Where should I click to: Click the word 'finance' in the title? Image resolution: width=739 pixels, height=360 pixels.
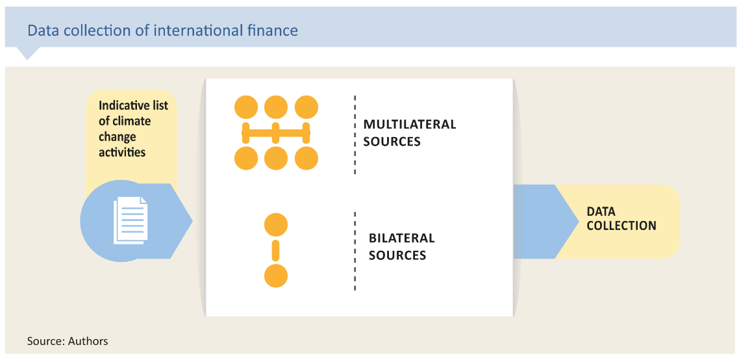(x=276, y=31)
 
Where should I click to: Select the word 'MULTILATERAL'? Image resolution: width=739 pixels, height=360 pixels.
(x=410, y=125)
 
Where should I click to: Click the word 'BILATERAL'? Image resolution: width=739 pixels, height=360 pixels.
(x=401, y=238)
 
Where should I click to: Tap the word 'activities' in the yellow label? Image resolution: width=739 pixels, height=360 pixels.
(x=122, y=153)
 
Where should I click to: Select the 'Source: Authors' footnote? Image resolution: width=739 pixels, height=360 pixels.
(x=68, y=341)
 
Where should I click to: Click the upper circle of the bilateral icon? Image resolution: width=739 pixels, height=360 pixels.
(x=276, y=224)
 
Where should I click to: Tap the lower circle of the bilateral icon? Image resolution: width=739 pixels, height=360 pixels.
(x=276, y=276)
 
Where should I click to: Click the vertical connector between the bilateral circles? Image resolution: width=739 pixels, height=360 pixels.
(x=276, y=250)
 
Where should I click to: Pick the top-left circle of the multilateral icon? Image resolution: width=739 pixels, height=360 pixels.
(x=246, y=107)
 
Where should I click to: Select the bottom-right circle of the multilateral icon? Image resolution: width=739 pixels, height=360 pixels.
(x=307, y=158)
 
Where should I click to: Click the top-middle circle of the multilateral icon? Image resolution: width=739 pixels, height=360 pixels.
(x=276, y=107)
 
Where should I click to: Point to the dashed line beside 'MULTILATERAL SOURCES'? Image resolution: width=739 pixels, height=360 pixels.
(x=355, y=135)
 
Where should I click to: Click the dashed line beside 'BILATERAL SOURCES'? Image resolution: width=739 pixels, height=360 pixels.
(x=355, y=251)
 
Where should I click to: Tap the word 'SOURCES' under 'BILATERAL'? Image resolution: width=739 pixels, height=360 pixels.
(x=397, y=255)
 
